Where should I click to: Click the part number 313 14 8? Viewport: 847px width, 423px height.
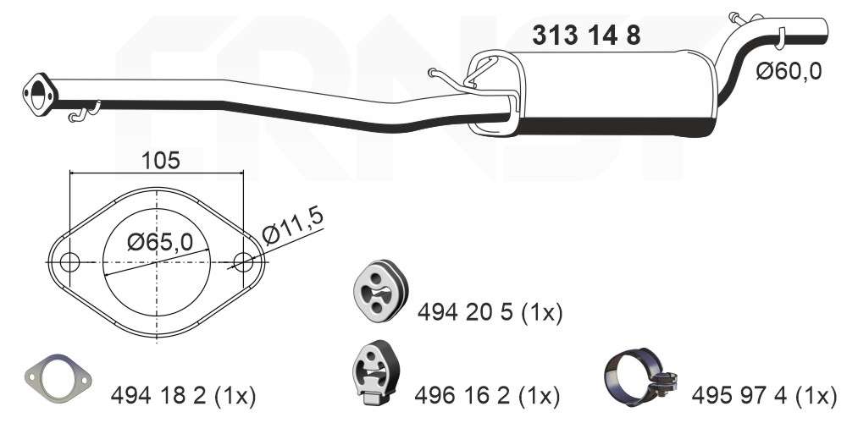[x=586, y=36]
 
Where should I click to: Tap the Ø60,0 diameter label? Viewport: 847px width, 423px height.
[x=789, y=71]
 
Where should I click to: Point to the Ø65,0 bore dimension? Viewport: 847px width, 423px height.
[x=160, y=242]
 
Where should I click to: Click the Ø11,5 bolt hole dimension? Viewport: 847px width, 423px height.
[x=293, y=226]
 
